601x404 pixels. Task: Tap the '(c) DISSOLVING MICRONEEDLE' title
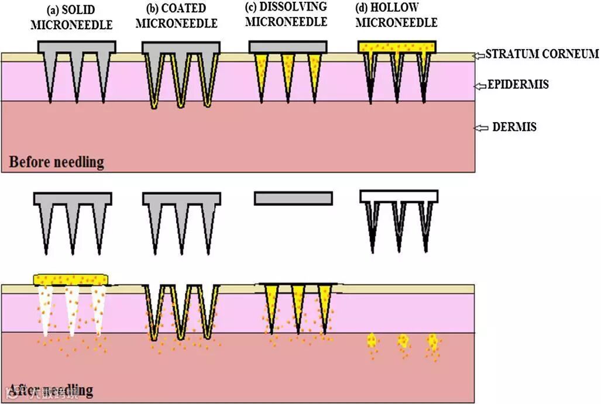point(285,16)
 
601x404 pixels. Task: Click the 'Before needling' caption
point(56,162)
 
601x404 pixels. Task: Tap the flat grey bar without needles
point(293,198)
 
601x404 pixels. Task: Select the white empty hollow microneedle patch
point(399,196)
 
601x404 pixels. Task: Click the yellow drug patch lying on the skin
point(71,279)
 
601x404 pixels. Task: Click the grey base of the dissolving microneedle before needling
point(287,47)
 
